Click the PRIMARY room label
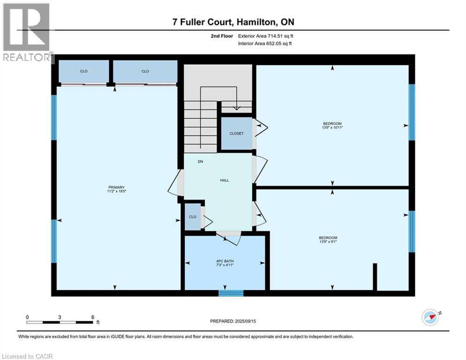pos(116,187)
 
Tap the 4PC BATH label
pos(225,261)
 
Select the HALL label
pos(224,180)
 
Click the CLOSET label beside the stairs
pos(237,134)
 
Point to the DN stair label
pos(200,162)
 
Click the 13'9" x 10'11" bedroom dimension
pos(332,127)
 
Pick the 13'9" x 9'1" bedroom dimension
pos(328,241)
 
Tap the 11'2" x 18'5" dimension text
pos(116,191)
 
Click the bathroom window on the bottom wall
pos(231,293)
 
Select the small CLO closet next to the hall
pos(192,217)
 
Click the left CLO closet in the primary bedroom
pos(84,71)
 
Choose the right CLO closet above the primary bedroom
pos(145,71)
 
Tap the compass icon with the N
pos(430,317)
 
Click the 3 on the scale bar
pos(60,317)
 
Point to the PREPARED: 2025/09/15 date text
pos(233,321)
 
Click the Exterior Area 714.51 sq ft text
pos(266,36)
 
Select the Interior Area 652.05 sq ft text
pos(265,44)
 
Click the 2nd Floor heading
pos(222,36)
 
